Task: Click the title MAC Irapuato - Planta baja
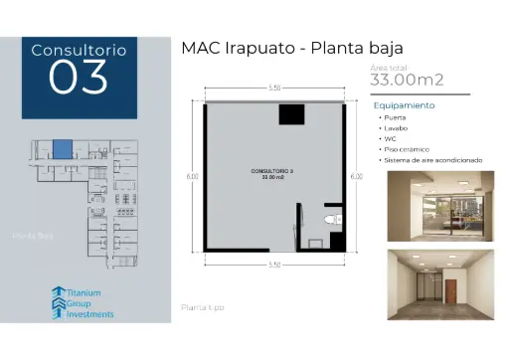292,48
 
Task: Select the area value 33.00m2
407,80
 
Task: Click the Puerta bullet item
395,118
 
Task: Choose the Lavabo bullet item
396,128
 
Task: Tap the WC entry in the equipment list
390,139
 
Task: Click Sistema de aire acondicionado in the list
432,160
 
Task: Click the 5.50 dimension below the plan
274,265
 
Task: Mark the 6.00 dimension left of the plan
192,177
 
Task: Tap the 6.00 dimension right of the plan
356,177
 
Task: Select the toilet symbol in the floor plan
332,219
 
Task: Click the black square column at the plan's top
289,113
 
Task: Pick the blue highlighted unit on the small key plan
63,150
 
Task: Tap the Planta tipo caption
203,307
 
